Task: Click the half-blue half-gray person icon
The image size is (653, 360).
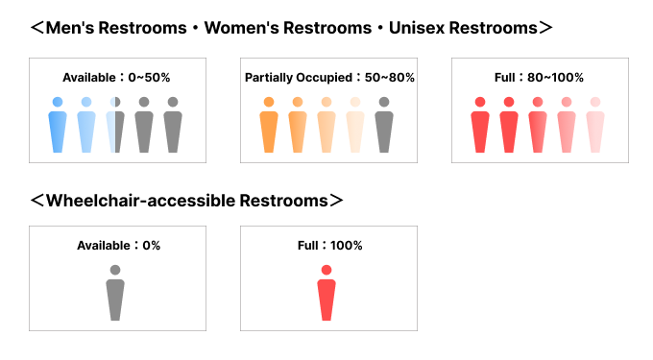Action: (115, 125)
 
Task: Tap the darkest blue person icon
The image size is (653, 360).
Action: (58, 125)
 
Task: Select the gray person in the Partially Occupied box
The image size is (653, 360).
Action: (384, 125)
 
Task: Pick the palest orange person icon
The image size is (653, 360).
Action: (355, 125)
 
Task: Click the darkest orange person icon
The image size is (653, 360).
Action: (269, 125)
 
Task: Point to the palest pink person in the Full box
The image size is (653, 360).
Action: (595, 125)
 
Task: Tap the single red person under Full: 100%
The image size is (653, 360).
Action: (326, 293)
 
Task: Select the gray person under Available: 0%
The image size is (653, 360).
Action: (115, 293)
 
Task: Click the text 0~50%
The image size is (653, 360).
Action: (149, 78)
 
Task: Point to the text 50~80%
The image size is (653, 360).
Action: (389, 78)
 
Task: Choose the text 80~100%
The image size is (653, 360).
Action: (555, 78)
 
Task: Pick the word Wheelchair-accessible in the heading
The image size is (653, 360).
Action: (141, 201)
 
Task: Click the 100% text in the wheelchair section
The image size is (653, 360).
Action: (347, 246)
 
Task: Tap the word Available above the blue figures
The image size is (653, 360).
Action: (89, 78)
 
